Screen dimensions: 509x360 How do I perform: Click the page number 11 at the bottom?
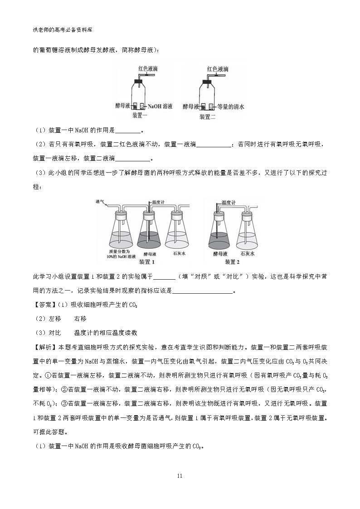180,476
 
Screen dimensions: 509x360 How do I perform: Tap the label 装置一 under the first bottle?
140,116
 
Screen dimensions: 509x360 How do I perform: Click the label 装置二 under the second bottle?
208,116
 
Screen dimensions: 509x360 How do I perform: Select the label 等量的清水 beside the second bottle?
231,107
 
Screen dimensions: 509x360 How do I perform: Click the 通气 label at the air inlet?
100,201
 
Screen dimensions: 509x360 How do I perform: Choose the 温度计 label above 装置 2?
228,203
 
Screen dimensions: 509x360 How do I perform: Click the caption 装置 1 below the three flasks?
147,262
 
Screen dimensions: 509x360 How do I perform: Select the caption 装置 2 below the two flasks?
232,262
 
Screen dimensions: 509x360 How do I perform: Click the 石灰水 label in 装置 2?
247,254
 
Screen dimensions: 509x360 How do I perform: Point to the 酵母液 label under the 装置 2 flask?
221,254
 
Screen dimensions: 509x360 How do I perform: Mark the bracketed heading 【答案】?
44,305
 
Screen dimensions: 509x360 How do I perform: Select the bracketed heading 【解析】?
44,347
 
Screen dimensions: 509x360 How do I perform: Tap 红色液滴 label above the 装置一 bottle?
149,69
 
